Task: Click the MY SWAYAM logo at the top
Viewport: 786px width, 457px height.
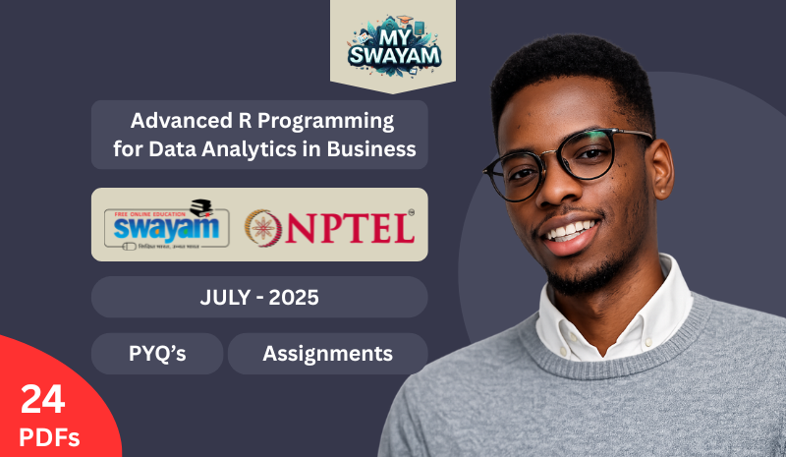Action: pos(393,44)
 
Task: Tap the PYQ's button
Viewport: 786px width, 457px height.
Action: pos(157,354)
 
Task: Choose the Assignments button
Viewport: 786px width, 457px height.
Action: pos(327,354)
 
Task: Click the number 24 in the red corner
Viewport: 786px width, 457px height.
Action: pos(41,399)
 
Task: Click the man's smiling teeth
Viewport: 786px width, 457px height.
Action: pos(575,230)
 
